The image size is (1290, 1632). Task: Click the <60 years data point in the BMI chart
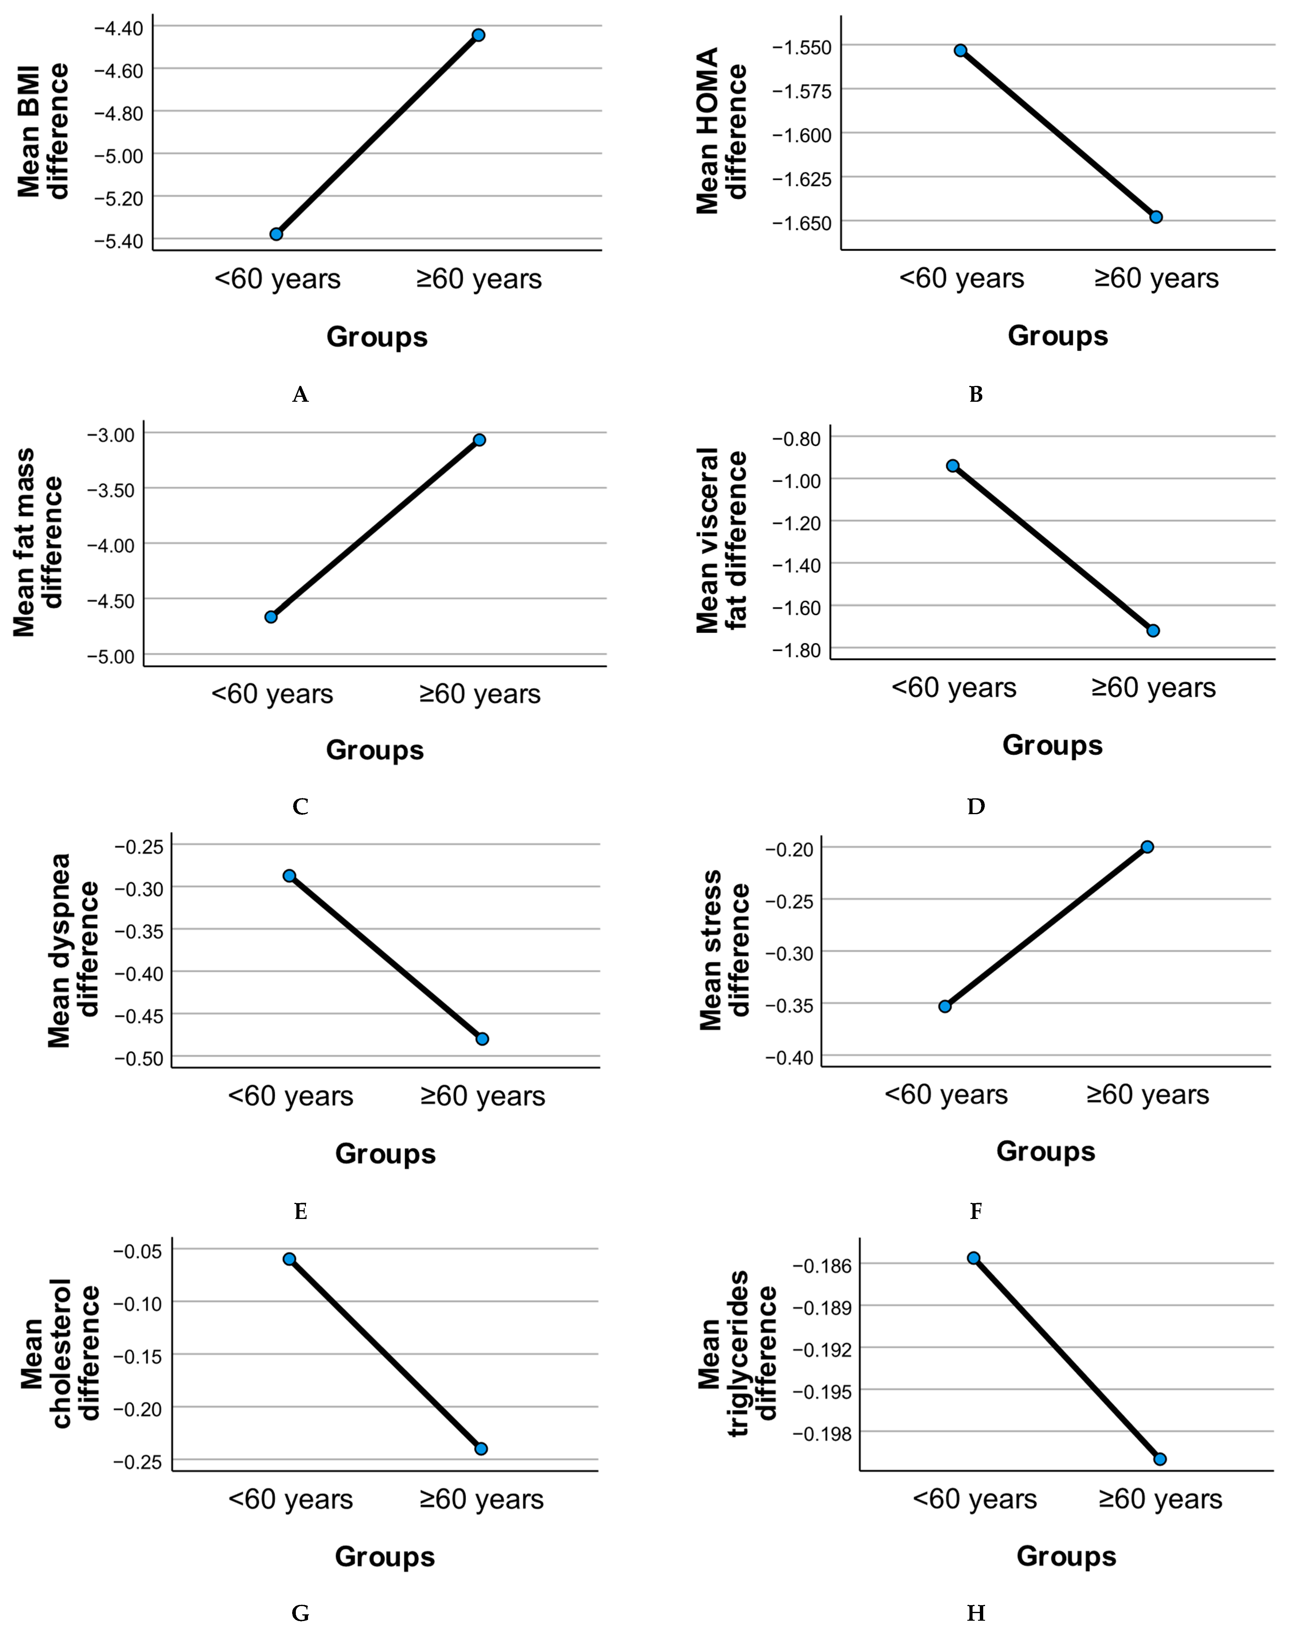click(x=276, y=234)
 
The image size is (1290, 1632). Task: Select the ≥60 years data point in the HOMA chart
click(x=1156, y=217)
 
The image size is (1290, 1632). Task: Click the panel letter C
click(x=300, y=807)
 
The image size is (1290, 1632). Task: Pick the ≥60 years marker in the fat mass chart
click(x=479, y=440)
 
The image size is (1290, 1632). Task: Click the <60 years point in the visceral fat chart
click(x=953, y=466)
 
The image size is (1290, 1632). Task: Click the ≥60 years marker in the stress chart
click(x=1147, y=847)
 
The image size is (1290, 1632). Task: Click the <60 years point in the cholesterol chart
click(x=289, y=1259)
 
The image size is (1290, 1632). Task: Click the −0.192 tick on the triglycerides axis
click(x=822, y=1350)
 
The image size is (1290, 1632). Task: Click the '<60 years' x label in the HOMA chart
click(x=962, y=279)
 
